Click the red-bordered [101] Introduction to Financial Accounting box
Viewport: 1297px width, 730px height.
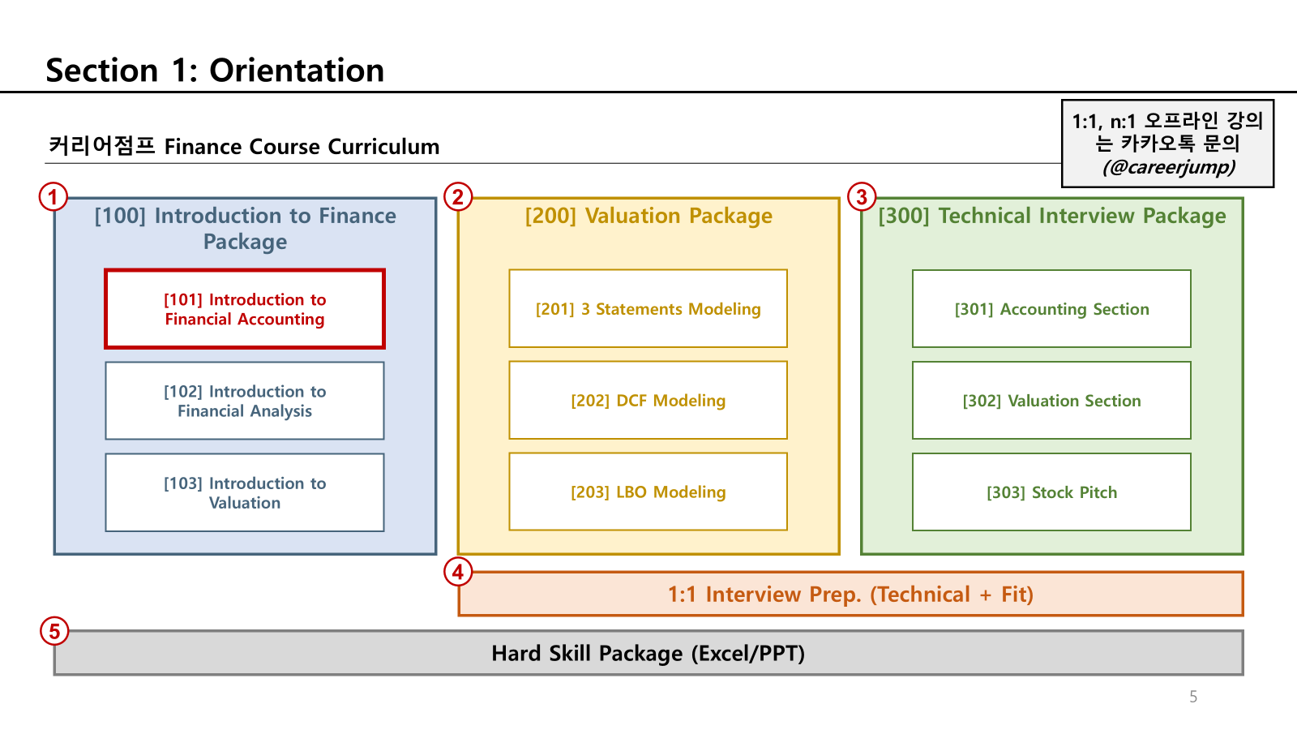coord(244,309)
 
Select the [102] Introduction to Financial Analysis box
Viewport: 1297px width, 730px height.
coord(244,401)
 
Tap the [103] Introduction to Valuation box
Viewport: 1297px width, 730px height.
coord(244,492)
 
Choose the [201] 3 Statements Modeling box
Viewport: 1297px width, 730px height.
coord(648,309)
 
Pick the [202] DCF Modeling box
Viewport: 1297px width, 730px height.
coord(648,401)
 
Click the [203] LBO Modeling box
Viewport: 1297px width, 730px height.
coord(648,492)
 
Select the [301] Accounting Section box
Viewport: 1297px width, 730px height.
coord(1051,309)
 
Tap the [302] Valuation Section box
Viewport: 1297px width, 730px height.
coord(1051,401)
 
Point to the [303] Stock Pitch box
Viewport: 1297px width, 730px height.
coord(1051,492)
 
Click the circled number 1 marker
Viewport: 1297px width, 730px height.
coord(54,197)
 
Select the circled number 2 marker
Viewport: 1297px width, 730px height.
coord(458,197)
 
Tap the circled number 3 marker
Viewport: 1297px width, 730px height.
coord(862,197)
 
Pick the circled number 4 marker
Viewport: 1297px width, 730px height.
coord(458,573)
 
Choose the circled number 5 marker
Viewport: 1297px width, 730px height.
coord(54,631)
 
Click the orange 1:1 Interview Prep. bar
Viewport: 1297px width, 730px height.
coord(850,595)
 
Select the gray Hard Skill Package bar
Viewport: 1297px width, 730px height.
coord(648,653)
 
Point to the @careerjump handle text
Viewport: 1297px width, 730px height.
coord(1169,167)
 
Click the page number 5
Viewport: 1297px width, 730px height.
coord(1193,697)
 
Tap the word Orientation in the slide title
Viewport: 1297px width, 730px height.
coord(297,71)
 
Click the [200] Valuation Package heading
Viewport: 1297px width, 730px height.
coord(648,216)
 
